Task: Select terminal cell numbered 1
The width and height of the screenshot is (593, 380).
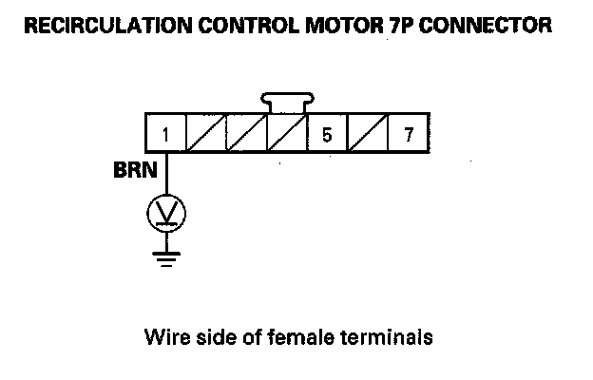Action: click(165, 134)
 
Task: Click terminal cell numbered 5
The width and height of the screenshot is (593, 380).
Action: click(327, 134)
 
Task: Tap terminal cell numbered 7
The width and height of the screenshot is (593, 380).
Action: click(409, 134)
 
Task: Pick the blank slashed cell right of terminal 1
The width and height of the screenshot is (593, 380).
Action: click(206, 134)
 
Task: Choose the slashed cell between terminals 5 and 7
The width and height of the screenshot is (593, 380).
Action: click(368, 134)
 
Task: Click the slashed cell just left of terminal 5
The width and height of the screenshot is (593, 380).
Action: click(286, 134)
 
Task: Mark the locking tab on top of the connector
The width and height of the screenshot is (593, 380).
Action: click(287, 103)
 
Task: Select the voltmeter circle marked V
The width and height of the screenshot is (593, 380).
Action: click(166, 213)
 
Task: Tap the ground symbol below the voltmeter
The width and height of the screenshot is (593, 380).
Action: click(166, 256)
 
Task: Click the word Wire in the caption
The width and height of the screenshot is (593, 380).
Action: click(163, 336)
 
